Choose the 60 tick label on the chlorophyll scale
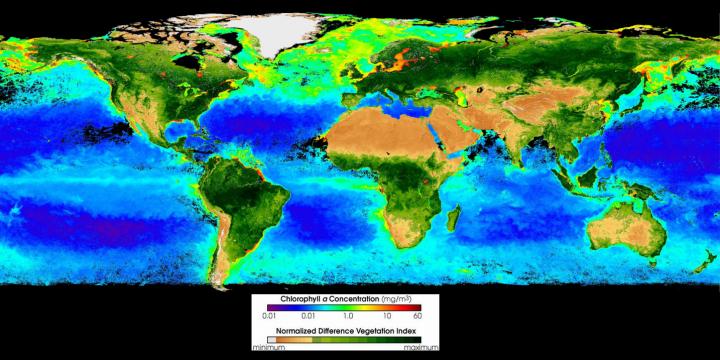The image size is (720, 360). point(444,317)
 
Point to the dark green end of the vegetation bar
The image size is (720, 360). point(446,338)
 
